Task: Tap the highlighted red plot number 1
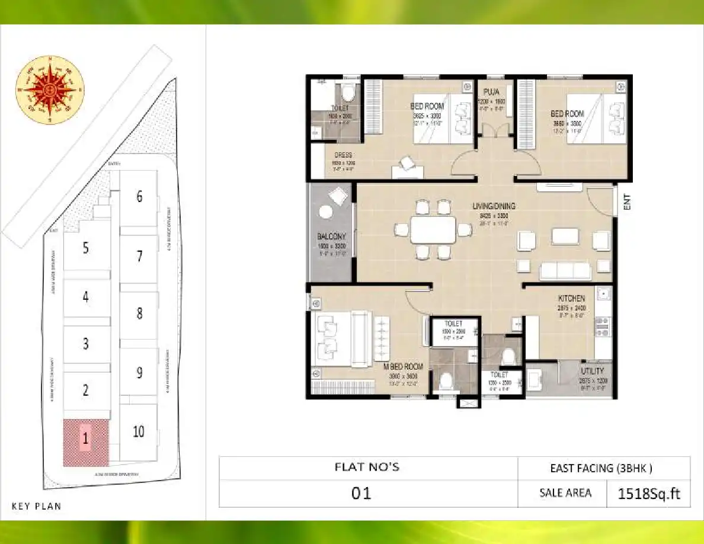click(86, 439)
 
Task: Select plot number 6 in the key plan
click(139, 196)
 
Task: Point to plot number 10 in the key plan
click(138, 431)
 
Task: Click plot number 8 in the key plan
click(139, 313)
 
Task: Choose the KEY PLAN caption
click(36, 506)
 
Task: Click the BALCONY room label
click(331, 236)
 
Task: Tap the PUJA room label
click(490, 92)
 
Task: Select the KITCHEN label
click(571, 298)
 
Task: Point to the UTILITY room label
click(592, 371)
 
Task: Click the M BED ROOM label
click(404, 366)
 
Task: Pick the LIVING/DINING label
click(494, 206)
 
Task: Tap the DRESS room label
click(343, 155)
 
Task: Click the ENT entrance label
click(627, 203)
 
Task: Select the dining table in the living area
click(433, 230)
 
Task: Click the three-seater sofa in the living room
click(565, 271)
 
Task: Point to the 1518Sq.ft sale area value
click(648, 493)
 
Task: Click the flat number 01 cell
click(361, 493)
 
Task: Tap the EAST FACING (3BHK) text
click(601, 468)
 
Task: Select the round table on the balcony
click(325, 213)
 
